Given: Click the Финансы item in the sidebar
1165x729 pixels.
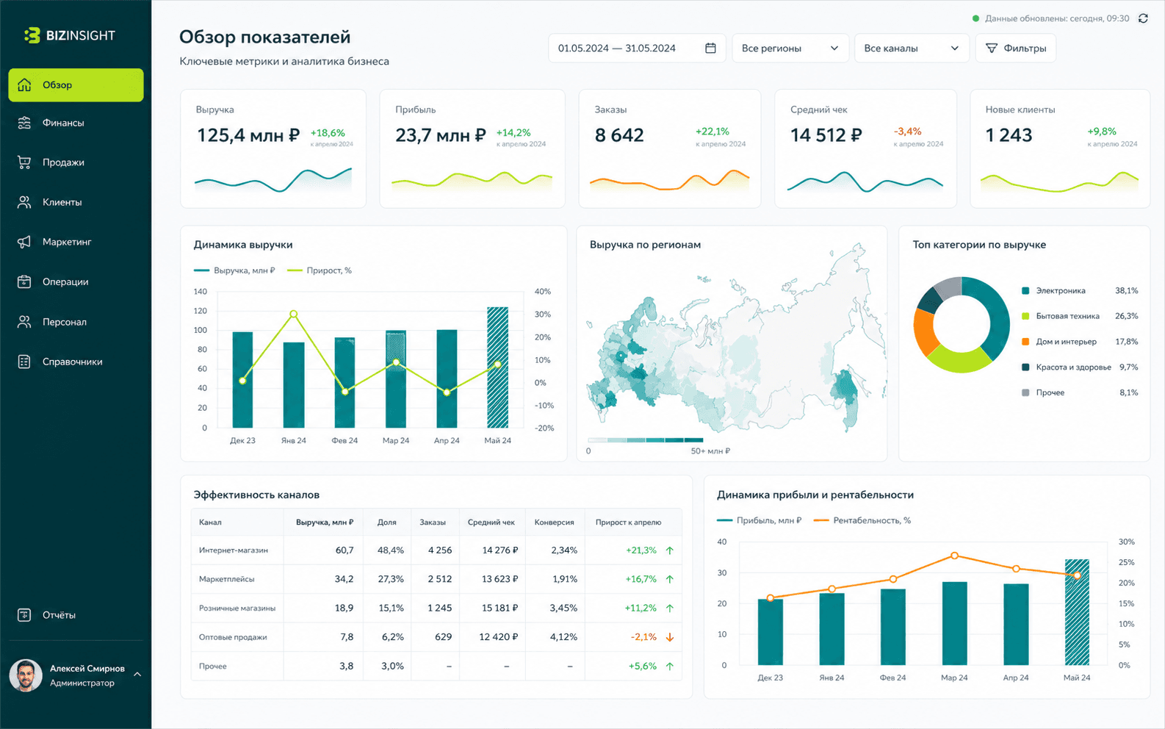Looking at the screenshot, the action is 63,123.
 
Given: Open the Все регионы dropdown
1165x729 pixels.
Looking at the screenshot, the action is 790,49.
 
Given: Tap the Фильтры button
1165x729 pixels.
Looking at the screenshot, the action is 1016,49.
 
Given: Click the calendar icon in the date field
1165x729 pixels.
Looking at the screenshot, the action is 710,48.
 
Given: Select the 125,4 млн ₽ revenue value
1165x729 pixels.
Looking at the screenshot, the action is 248,135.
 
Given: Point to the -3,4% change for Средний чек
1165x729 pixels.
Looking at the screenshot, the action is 908,132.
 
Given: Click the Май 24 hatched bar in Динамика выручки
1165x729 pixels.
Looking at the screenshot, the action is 498,367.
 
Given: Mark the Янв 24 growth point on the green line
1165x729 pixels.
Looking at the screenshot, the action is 294,314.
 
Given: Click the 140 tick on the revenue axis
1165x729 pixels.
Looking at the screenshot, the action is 201,292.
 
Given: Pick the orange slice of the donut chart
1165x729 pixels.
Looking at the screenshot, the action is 926,332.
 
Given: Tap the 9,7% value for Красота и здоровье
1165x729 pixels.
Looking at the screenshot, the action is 1128,367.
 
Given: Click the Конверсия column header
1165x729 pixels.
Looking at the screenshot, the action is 555,522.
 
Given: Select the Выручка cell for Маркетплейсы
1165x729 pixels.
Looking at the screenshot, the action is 344,578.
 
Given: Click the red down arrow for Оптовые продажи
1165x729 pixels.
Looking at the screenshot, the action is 670,637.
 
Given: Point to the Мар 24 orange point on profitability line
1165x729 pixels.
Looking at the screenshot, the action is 954,556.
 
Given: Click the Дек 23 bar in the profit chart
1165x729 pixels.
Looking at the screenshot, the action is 771,632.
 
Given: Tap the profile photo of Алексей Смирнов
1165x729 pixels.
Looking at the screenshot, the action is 26,675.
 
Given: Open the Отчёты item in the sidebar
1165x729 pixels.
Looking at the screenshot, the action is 59,615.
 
